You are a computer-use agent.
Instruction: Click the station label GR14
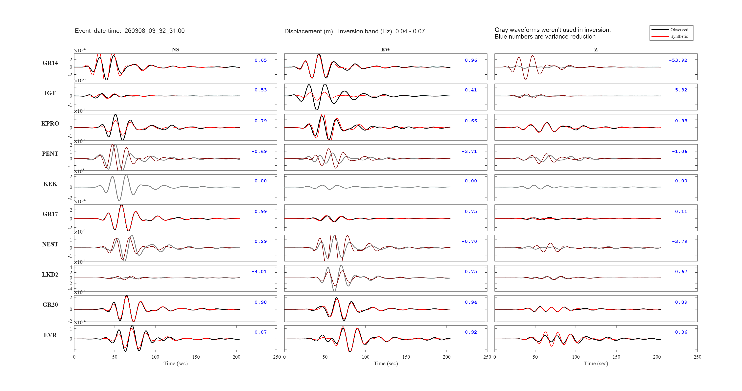pos(50,63)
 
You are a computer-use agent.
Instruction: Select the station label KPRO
pos(50,124)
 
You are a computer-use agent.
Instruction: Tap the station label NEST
pos(50,244)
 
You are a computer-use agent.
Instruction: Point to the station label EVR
pos(50,335)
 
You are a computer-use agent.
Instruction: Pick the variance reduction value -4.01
pos(259,272)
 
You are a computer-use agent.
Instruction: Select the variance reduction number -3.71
pos(469,152)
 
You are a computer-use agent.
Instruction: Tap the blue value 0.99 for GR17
pos(261,212)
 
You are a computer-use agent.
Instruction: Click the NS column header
pos(175,49)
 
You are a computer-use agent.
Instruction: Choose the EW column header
pos(386,49)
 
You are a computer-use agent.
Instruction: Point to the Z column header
pos(596,49)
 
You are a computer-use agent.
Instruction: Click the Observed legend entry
pos(679,30)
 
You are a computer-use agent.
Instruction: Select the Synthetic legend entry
pos(679,36)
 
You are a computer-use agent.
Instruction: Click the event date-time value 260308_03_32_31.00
pos(154,31)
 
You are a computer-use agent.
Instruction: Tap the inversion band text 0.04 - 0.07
pos(410,31)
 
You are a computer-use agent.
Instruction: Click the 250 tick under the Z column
pos(697,357)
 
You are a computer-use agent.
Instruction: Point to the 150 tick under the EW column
pos(406,357)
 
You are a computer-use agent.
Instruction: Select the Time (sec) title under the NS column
pos(175,364)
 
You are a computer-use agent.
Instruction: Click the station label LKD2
pos(50,275)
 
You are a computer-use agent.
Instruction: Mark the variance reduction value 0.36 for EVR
pos(681,332)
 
